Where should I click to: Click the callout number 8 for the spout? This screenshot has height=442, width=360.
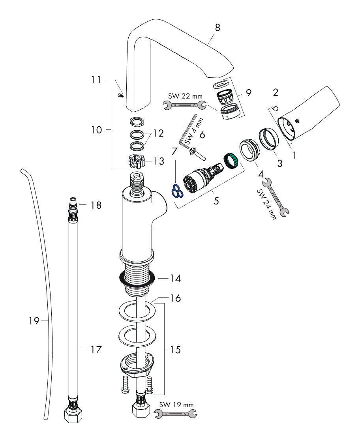tap(217, 28)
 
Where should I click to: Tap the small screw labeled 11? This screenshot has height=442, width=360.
tap(120, 95)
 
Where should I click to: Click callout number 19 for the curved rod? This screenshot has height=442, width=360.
tap(35, 321)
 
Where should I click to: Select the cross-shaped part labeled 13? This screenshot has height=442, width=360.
tap(136, 161)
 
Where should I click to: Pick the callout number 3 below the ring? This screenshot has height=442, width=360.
tap(279, 163)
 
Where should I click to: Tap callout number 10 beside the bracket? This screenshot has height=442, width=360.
tap(96, 129)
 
